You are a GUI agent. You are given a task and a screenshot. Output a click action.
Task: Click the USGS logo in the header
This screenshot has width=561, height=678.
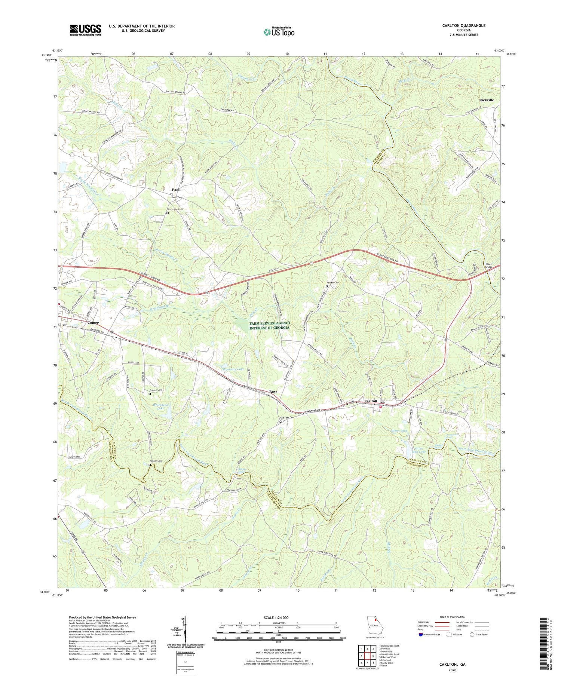coord(85,30)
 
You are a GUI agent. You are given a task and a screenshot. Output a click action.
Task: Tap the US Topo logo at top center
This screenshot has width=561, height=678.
coord(279,32)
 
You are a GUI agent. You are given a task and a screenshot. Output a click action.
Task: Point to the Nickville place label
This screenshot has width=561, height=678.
coord(486,100)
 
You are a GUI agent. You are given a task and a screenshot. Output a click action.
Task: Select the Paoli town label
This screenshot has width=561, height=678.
coord(172,189)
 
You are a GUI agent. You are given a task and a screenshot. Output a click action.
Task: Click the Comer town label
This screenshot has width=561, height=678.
coord(93,322)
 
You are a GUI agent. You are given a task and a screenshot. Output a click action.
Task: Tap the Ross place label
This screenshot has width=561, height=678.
coord(273,391)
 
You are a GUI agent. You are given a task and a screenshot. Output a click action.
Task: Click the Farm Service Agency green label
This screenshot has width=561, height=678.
coord(270,325)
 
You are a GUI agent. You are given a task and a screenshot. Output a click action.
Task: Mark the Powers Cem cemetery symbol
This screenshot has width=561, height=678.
coord(327,286)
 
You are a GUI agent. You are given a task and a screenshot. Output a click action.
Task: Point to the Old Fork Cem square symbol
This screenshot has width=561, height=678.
coord(280,421)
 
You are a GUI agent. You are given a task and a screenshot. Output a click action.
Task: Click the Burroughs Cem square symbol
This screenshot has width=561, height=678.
coord(167,214)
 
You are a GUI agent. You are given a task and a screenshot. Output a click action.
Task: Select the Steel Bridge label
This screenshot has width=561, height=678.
coord(489,266)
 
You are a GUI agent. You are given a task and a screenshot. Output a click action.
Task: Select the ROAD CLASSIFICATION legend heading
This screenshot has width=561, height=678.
coord(453,617)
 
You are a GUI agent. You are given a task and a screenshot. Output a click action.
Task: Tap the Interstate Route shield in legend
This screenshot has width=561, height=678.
coord(421,634)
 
